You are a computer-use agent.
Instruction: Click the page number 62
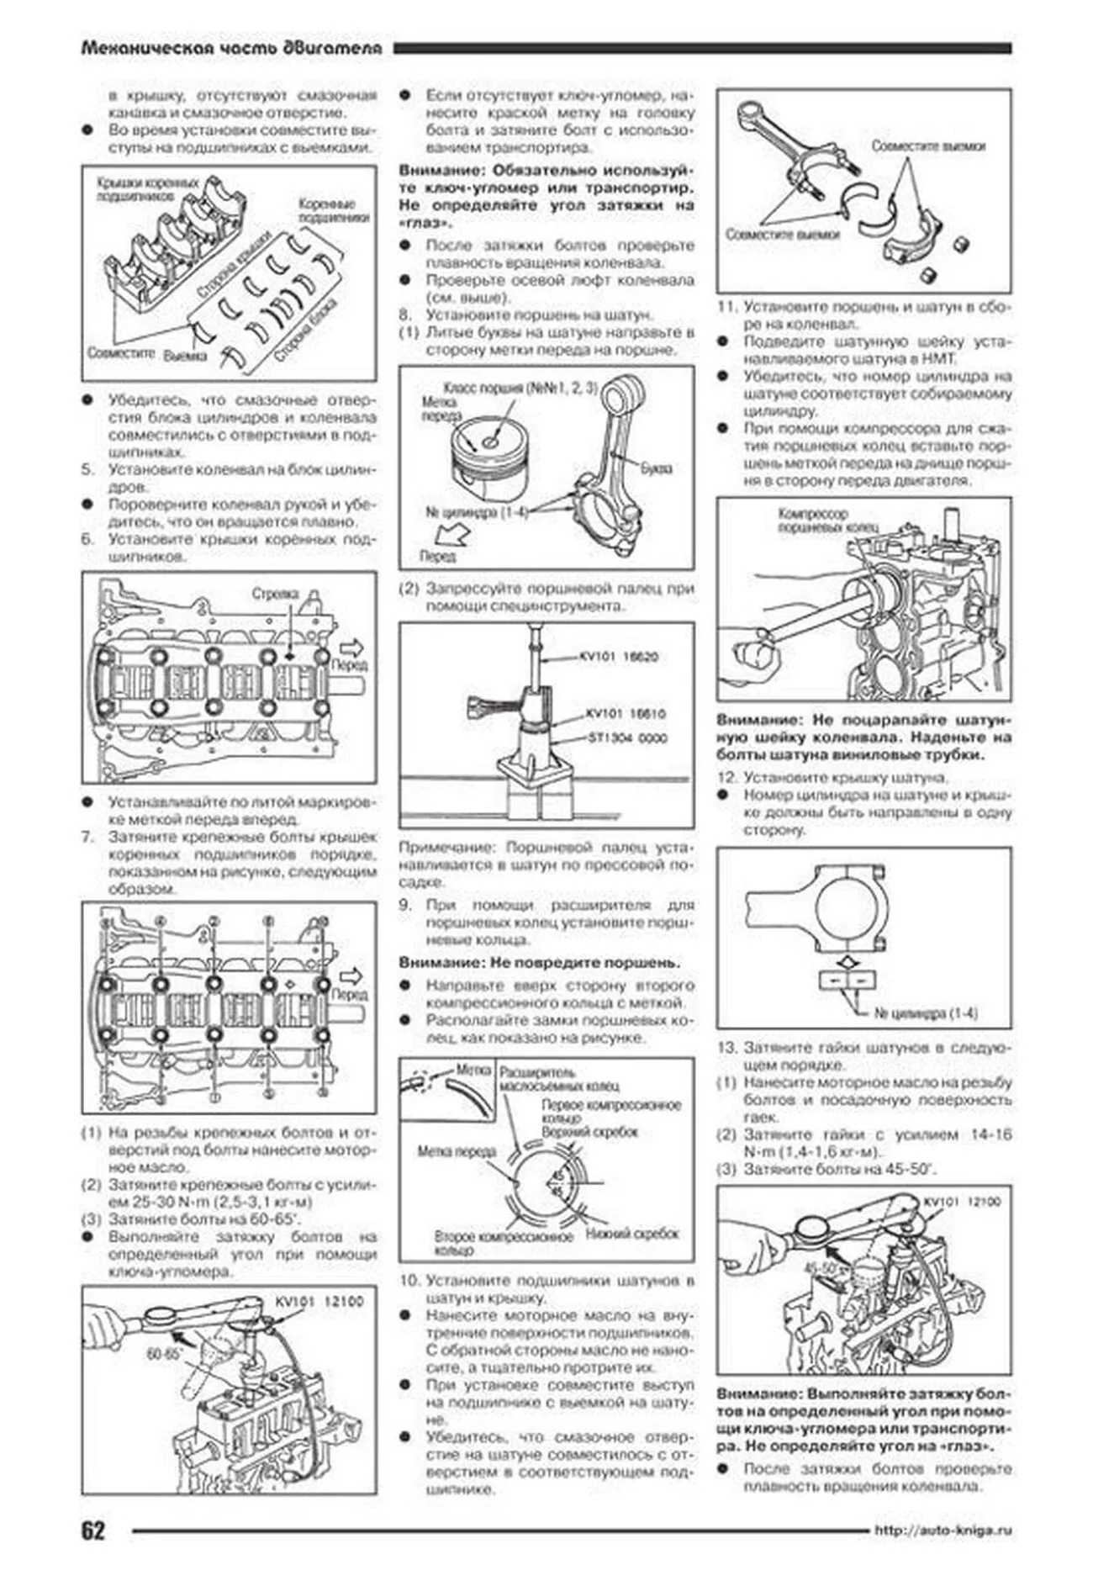click(x=93, y=1530)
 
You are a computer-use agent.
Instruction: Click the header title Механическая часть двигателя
click(x=231, y=49)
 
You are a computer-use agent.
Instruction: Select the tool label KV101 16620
click(x=619, y=657)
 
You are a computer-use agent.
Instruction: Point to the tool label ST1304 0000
click(x=627, y=737)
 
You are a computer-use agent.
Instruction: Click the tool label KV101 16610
click(x=626, y=713)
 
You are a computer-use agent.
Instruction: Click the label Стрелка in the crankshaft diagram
click(x=275, y=594)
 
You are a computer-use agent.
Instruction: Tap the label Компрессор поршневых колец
click(x=813, y=520)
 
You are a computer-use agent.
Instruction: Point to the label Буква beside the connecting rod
click(x=656, y=468)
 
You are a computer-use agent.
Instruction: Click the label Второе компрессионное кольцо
click(x=503, y=1243)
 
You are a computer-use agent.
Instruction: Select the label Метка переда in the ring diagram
click(x=457, y=1150)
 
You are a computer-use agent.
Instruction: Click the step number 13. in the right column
click(x=726, y=1048)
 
